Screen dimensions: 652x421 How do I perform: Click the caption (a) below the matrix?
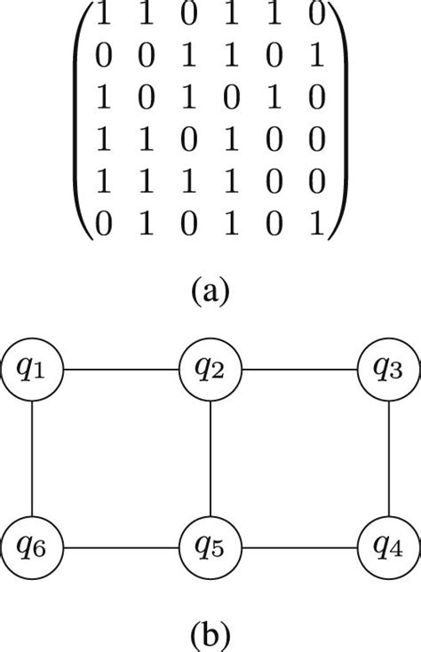pyautogui.click(x=210, y=290)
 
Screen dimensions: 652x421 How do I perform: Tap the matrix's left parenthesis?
pyautogui.click(x=82, y=124)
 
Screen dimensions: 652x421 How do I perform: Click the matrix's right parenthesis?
pyautogui.click(x=338, y=124)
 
